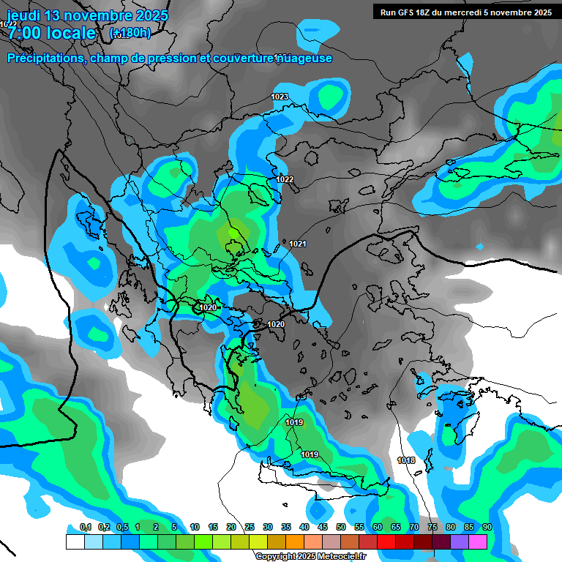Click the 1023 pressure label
click(x=280, y=97)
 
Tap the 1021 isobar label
click(x=298, y=244)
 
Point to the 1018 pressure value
click(x=407, y=460)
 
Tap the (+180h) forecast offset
click(x=130, y=33)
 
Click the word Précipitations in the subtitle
click(x=45, y=59)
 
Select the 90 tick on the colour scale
click(x=487, y=527)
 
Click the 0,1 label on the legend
click(x=85, y=527)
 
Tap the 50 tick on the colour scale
click(x=340, y=527)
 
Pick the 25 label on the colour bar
click(x=249, y=527)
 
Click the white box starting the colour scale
click(x=75, y=542)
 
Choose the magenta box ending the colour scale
click(x=477, y=542)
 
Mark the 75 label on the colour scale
click(x=432, y=527)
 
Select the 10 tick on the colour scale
click(x=194, y=527)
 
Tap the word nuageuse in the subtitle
click(x=303, y=59)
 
